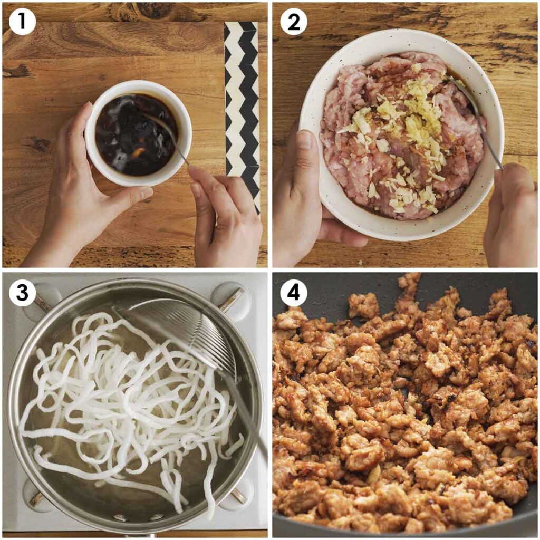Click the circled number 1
coord(22,22)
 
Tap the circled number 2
coord(293,22)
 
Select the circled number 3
coord(22,293)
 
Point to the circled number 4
coord(293,293)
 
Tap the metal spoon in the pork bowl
coord(483,127)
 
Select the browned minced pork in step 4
coord(401,411)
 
